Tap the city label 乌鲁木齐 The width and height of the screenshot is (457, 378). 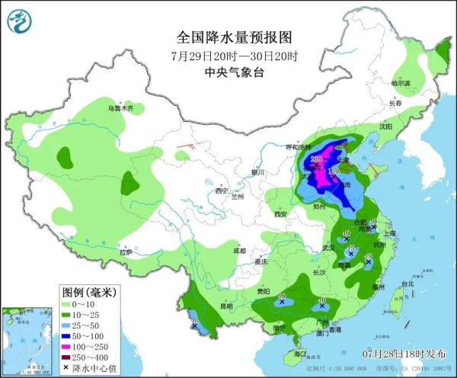pyautogui.click(x=120, y=109)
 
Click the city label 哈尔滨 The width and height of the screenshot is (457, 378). pyautogui.click(x=400, y=82)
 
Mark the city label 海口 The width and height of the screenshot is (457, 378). pyautogui.click(x=299, y=354)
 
